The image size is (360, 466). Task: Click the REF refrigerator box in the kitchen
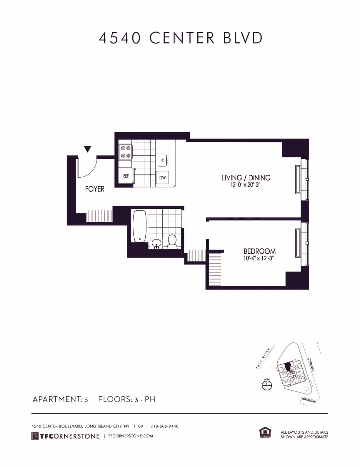point(126,176)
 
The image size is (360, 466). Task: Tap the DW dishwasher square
point(162,178)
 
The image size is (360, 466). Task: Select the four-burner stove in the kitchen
point(125,152)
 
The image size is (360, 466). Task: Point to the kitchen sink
point(163,160)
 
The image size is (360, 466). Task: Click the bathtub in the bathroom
point(140,226)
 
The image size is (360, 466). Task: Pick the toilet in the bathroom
point(172,242)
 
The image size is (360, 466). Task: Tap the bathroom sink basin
point(156,243)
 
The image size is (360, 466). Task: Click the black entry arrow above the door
point(87,149)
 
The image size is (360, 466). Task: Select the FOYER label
point(95,189)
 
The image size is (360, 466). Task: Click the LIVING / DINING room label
point(246,178)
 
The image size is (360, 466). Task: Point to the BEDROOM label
point(259,251)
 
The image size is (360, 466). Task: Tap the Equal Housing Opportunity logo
point(265,433)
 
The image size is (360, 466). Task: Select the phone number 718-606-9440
point(164,426)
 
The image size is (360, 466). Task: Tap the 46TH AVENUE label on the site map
point(309,400)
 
